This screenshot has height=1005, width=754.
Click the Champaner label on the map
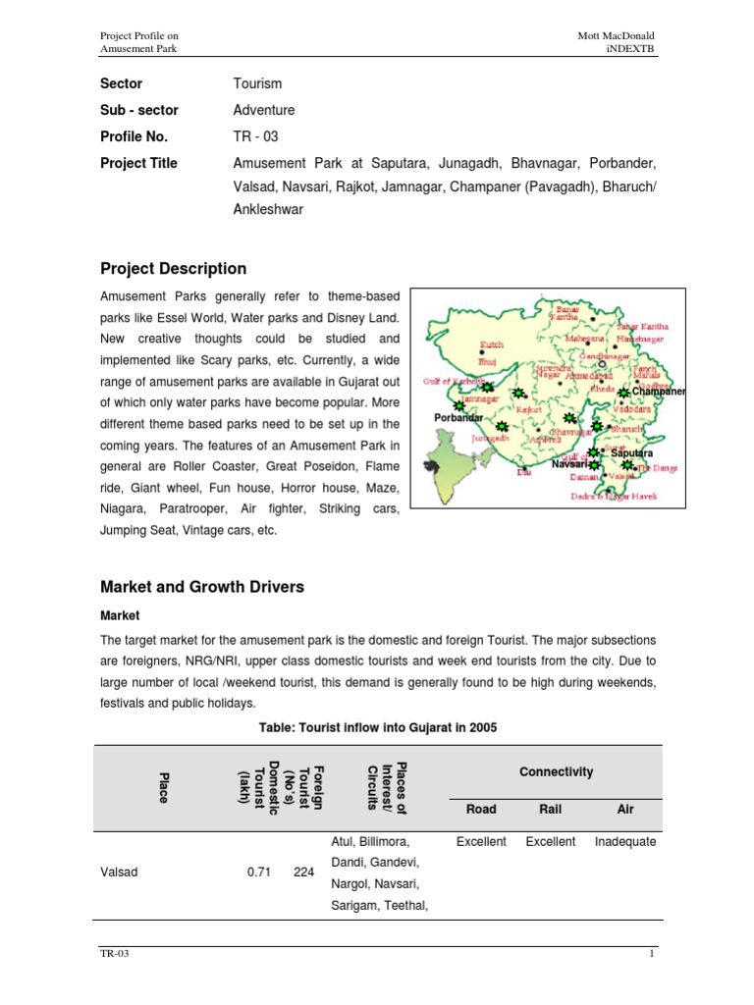click(659, 392)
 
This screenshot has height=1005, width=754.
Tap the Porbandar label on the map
click(458, 418)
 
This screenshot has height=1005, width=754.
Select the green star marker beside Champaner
click(622, 393)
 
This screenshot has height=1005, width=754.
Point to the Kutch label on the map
click(491, 344)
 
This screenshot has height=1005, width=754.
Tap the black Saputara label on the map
click(632, 454)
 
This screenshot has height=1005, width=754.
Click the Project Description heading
click(174, 269)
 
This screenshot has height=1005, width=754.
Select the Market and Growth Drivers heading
click(202, 587)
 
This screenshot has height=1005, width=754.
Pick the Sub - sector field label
click(139, 111)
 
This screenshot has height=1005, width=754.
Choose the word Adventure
click(264, 111)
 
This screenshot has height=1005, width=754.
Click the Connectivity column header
click(557, 771)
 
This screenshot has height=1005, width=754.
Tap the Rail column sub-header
click(551, 809)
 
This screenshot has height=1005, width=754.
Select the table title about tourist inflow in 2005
click(377, 727)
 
